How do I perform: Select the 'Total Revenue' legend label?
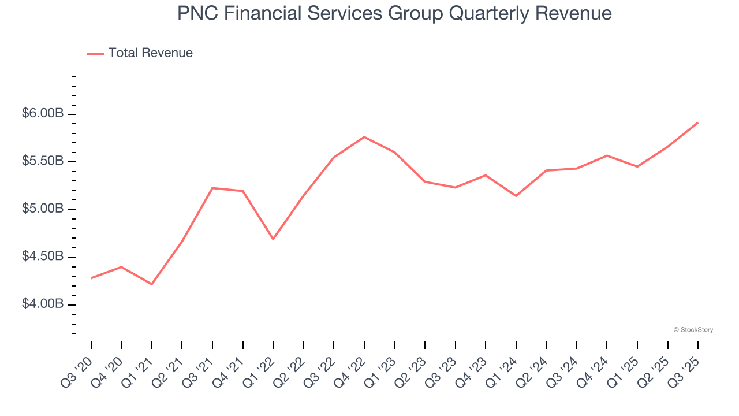tap(150, 53)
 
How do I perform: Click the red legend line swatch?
tap(95, 54)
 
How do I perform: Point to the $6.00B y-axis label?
tap(43, 114)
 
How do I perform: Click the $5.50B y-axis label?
tap(43, 161)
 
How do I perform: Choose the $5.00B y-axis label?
tap(43, 209)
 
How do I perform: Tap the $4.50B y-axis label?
tap(43, 257)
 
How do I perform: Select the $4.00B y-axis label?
tap(43, 304)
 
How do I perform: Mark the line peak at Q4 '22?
tap(364, 137)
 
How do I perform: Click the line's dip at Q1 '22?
tap(273, 239)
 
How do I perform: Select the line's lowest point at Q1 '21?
tap(152, 284)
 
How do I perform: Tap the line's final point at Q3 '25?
tap(698, 122)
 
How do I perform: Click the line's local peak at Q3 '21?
tap(212, 188)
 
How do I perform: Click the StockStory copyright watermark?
tap(693, 330)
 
